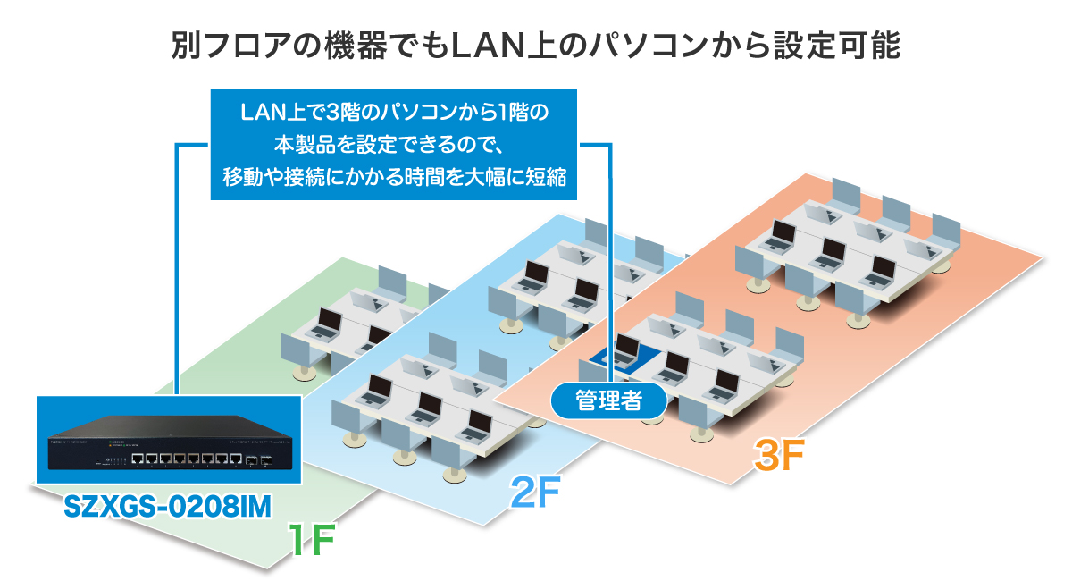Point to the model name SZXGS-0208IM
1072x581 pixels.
168,506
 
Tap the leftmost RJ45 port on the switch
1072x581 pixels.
138,459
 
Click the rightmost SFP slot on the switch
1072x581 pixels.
265,461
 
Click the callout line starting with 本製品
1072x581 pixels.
393,145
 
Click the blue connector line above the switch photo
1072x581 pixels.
179,268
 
